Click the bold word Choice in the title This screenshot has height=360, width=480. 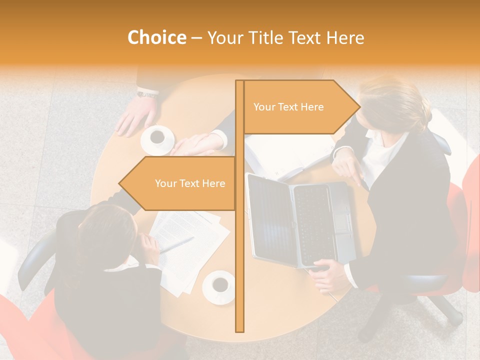(156, 38)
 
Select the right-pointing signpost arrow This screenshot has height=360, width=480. (300, 107)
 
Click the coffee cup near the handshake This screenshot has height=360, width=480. (157, 137)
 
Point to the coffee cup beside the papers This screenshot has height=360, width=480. (219, 285)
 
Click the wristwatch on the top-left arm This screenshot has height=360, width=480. (147, 93)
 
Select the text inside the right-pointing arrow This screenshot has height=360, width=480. (288, 107)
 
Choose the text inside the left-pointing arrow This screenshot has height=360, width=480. (190, 183)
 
